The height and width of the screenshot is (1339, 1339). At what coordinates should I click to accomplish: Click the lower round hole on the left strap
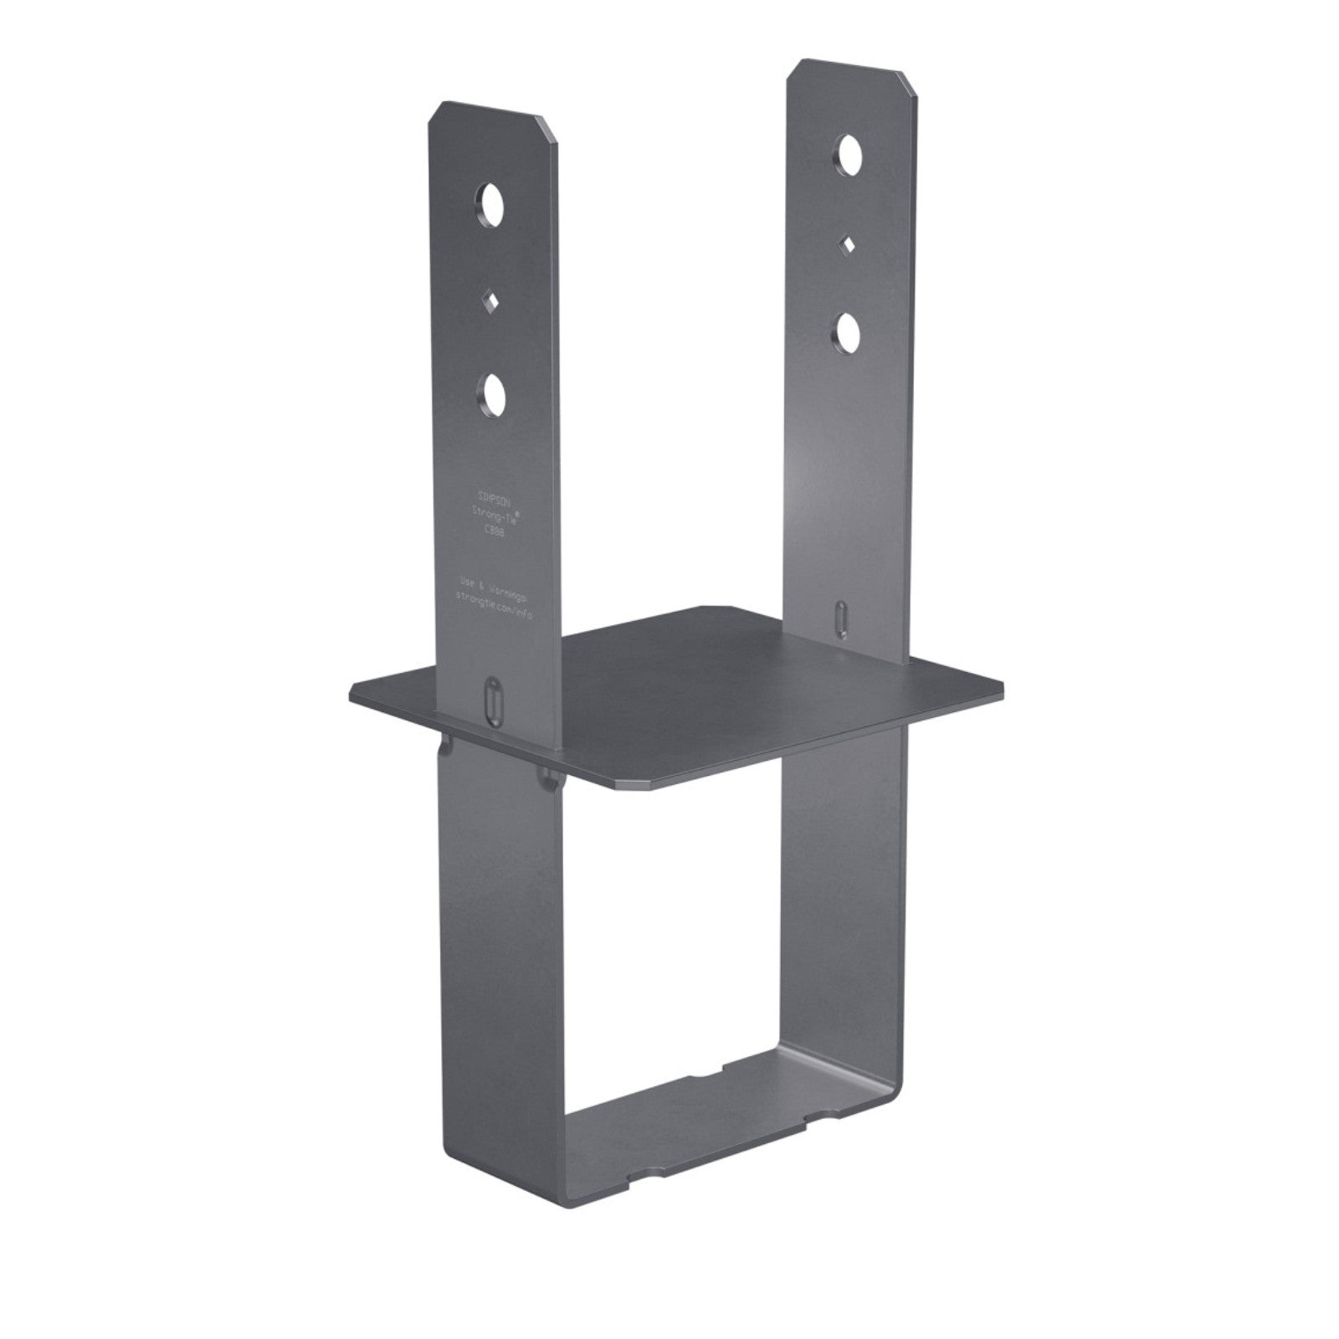(494, 396)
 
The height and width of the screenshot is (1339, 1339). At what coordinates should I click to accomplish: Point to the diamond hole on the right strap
(849, 244)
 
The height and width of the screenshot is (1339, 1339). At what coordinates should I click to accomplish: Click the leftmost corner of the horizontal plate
(351, 691)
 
